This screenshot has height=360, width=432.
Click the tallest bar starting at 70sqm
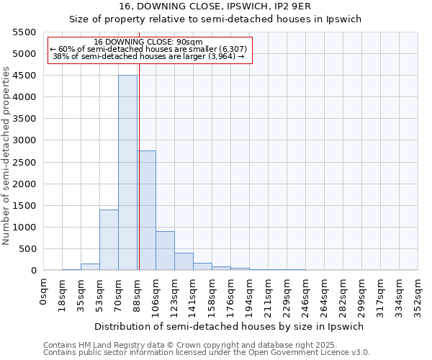point(127,173)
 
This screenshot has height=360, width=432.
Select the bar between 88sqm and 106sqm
point(146,210)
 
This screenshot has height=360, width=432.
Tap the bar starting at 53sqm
point(109,240)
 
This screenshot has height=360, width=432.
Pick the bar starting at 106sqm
point(165,251)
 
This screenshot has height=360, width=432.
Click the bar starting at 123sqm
point(184,261)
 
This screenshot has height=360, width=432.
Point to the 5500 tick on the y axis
point(24,32)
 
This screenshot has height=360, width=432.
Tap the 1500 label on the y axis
point(24,206)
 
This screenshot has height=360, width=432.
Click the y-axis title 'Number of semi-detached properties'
point(6,156)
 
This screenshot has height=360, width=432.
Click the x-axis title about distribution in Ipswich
point(229,326)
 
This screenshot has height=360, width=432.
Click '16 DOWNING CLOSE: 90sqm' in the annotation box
point(149,42)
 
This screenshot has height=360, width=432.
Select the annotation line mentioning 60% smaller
point(149,49)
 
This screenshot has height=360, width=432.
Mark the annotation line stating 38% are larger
point(149,56)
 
